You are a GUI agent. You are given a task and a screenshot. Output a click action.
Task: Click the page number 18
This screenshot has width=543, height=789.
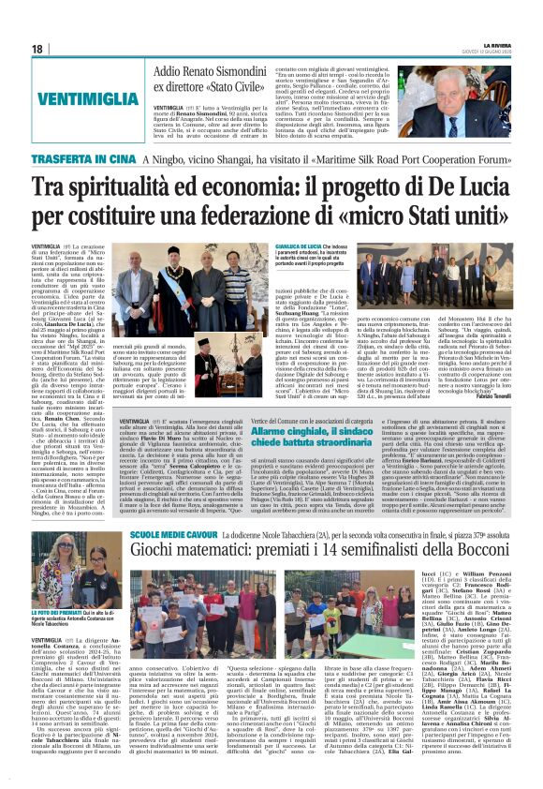pyautogui.click(x=38, y=49)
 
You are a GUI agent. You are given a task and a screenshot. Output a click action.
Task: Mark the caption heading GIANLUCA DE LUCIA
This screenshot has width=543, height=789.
pyautogui.click(x=308, y=246)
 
